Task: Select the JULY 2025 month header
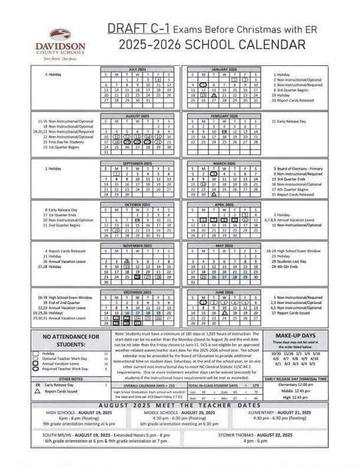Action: click(x=137, y=69)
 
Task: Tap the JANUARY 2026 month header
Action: click(x=223, y=69)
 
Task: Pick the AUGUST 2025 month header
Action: click(x=137, y=115)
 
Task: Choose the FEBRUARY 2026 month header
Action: click(x=223, y=115)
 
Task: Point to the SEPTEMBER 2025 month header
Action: click(x=137, y=163)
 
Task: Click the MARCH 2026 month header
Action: click(x=223, y=163)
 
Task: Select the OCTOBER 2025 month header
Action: click(x=137, y=204)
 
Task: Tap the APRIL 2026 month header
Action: click(x=223, y=204)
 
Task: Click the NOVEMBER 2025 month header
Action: click(x=137, y=245)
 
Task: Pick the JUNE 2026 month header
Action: click(x=223, y=292)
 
